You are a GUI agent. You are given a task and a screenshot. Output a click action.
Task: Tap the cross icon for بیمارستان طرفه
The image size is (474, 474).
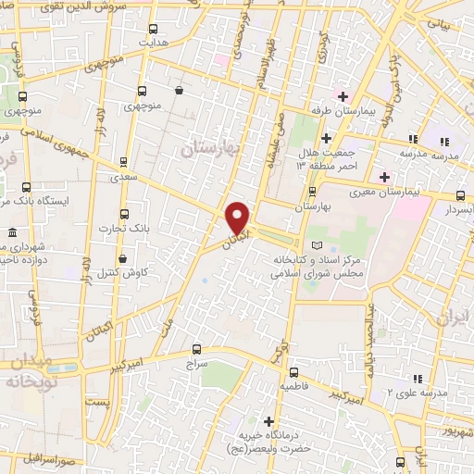[x=343, y=96]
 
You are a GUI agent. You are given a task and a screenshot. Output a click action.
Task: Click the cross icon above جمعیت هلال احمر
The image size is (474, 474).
[x=326, y=138]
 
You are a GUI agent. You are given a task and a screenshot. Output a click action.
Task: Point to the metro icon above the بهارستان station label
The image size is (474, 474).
[x=312, y=193]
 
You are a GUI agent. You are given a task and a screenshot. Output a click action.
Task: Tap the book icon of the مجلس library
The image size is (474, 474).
[x=319, y=245]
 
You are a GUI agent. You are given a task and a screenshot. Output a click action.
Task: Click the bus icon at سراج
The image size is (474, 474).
[x=196, y=349]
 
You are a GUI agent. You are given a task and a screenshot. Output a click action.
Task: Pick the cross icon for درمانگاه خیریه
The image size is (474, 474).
[x=269, y=421]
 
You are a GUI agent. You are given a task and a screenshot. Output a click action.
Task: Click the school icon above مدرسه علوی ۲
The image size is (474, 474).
[x=418, y=379]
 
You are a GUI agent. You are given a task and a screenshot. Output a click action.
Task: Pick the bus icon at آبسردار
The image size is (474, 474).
[x=461, y=195]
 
